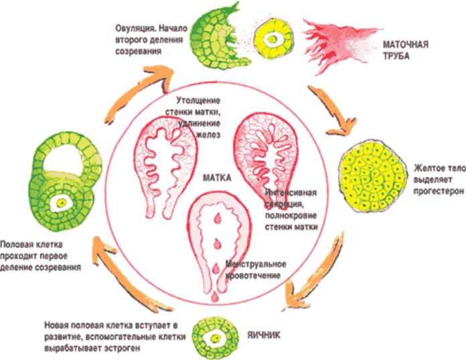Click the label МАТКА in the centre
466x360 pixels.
(x=217, y=177)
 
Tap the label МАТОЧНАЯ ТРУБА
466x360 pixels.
(x=405, y=50)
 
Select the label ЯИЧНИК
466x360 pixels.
(x=264, y=335)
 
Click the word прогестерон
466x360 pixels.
(x=439, y=191)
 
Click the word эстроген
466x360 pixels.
(x=122, y=348)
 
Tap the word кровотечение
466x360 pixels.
(x=253, y=276)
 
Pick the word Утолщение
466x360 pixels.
(x=198, y=100)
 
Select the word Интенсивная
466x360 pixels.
(x=291, y=193)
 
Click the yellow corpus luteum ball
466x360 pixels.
(x=373, y=177)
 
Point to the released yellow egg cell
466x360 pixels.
(x=273, y=39)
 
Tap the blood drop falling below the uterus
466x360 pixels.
(x=214, y=296)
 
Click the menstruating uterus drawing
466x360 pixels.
(x=220, y=241)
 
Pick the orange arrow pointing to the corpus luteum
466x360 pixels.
(x=334, y=111)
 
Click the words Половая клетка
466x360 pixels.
(x=31, y=245)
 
